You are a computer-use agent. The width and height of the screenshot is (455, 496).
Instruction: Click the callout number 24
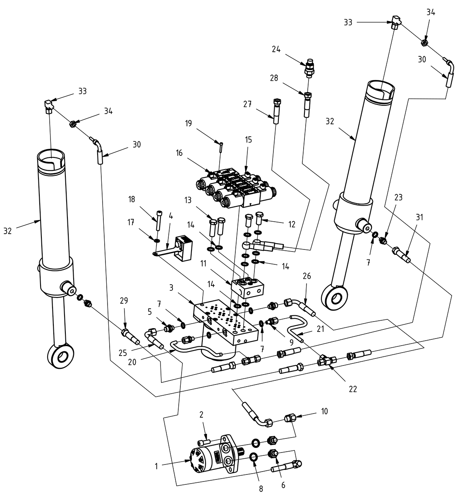click(x=276, y=49)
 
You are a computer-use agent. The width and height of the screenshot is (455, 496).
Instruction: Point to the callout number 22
click(x=352, y=389)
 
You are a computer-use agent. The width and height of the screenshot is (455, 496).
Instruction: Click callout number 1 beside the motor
click(x=156, y=466)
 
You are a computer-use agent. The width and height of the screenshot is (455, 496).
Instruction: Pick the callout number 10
click(x=324, y=411)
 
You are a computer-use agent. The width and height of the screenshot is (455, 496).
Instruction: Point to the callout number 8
click(x=261, y=489)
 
